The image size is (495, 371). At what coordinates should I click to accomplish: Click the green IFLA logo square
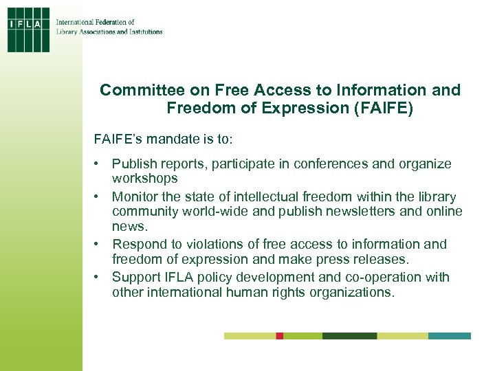[29, 30]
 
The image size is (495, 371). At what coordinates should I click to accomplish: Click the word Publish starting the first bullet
[134, 164]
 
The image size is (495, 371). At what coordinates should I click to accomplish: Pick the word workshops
[145, 179]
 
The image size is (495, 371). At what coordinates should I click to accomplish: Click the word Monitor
[136, 197]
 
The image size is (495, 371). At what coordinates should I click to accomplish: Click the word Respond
[140, 245]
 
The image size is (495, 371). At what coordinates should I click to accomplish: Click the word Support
[137, 278]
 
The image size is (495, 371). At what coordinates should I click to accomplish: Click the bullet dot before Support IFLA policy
[100, 278]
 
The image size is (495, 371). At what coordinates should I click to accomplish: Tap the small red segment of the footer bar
[280, 336]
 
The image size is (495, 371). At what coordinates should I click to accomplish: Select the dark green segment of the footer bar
[349, 336]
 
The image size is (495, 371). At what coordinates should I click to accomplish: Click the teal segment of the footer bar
[450, 336]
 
